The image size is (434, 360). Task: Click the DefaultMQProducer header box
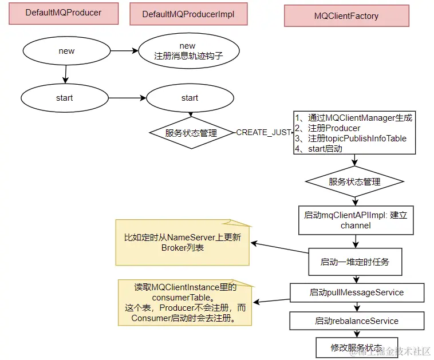pos(64,13)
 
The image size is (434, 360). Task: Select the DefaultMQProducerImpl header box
pos(188,14)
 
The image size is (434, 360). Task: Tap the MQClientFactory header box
pos(346,16)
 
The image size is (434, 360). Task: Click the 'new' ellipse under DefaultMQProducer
pos(67,51)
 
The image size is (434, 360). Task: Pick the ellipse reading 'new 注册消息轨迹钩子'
pos(189,51)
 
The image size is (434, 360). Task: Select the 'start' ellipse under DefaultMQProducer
pos(65,98)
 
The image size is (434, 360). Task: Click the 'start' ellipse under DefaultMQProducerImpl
pos(190,98)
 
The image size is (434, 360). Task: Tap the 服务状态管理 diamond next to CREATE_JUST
pos(191,133)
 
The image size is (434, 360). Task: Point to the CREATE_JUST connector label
pos(264,133)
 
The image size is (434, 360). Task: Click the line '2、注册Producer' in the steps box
pos(328,128)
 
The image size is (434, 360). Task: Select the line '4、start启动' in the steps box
pos(318,149)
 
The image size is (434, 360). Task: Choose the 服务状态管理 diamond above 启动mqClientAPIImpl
pos(354,182)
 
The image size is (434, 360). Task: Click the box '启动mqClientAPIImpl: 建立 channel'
pos(356,220)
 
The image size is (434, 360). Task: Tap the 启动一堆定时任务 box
pos(355,262)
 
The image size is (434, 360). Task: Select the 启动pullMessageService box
pos(357,292)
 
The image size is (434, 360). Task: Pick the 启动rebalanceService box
pos(357,321)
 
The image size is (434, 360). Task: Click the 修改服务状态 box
pos(357,347)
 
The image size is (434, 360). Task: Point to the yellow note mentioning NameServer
pos(183,243)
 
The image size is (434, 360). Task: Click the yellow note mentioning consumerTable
pos(185,302)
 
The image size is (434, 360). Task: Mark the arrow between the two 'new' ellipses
pos(124,51)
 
